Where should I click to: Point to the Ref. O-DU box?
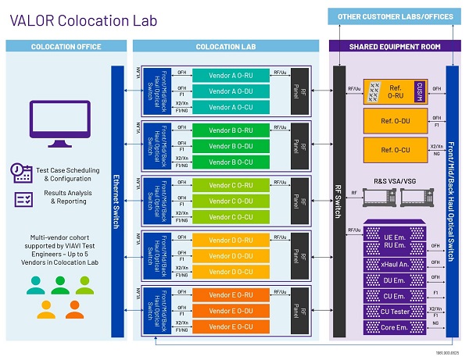pos(396,119)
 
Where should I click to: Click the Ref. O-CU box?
pos(396,148)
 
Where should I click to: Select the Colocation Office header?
pos(66,47)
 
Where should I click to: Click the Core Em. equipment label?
pos(394,326)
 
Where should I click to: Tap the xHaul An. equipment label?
pos(394,266)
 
